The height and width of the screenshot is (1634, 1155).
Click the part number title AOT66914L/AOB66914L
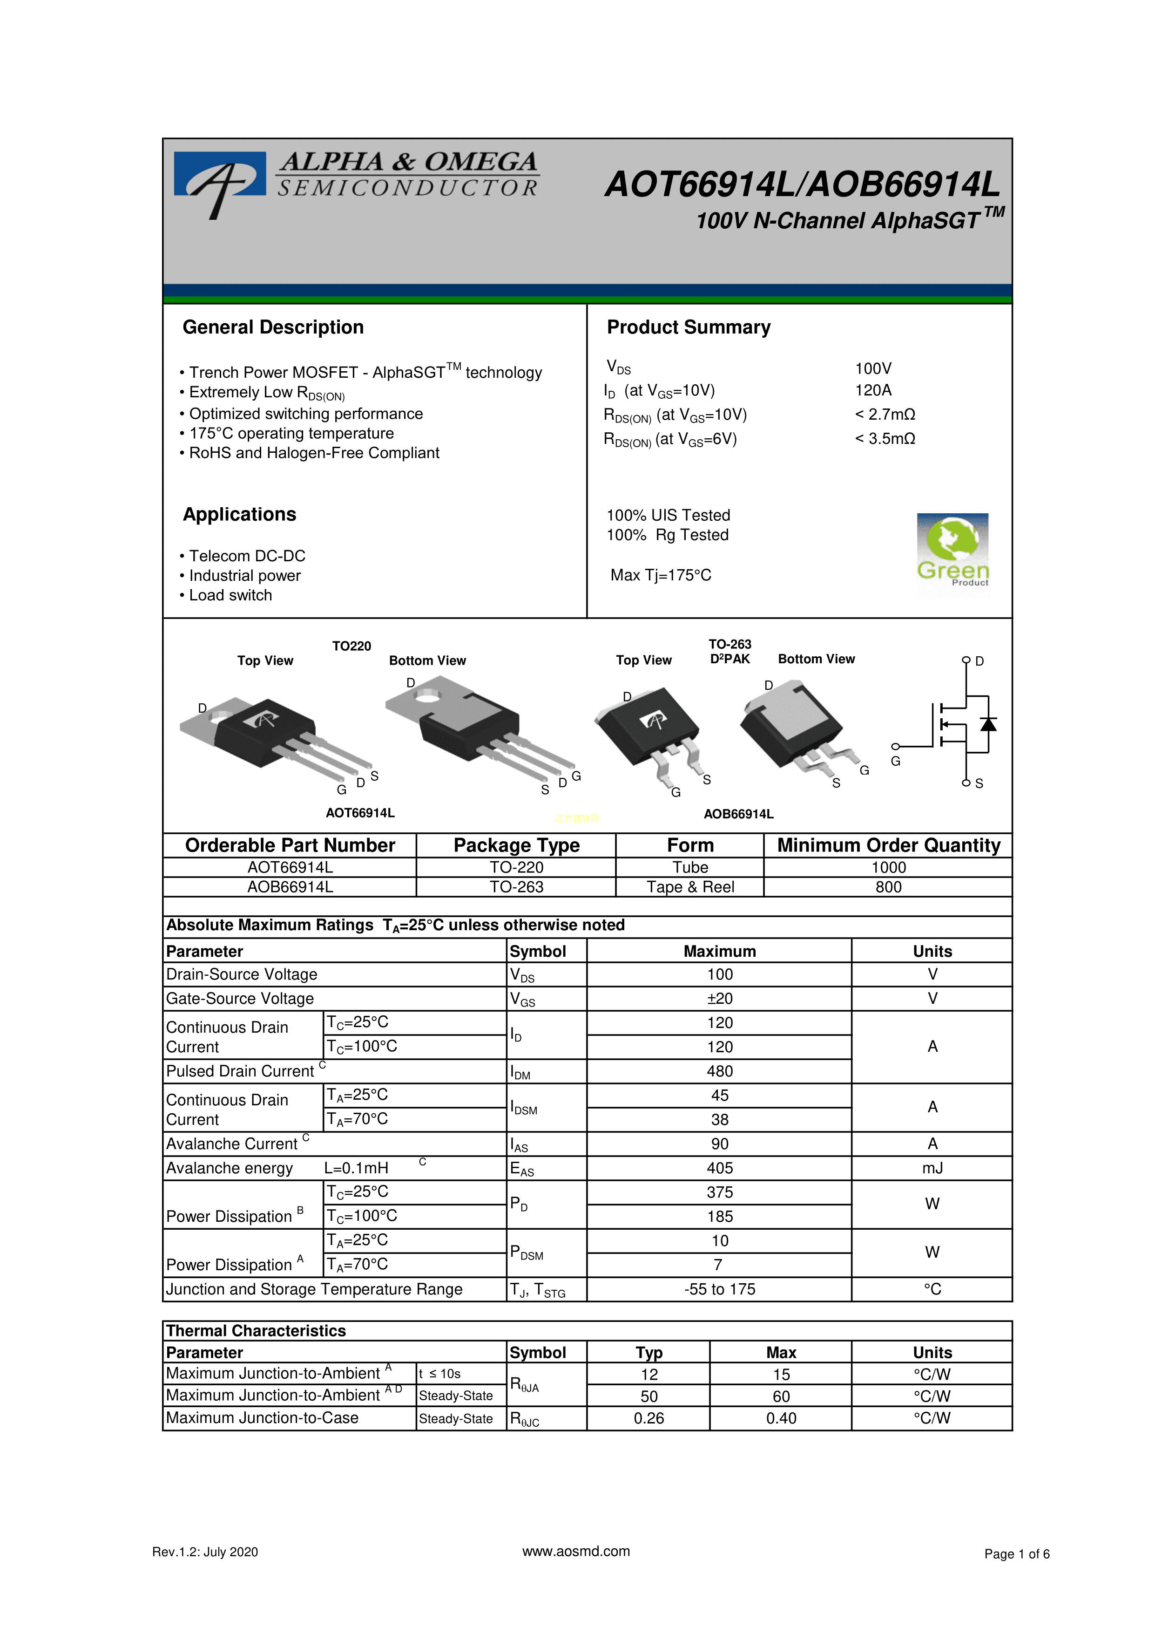point(802,184)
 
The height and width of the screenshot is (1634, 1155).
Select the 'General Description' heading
point(273,327)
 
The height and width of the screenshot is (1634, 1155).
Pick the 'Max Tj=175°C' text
point(661,575)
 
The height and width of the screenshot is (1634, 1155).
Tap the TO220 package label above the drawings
point(351,646)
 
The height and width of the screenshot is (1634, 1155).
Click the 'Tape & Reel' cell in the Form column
point(690,887)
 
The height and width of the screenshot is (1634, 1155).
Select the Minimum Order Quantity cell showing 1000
point(888,867)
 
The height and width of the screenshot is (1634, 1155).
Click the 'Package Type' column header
point(516,845)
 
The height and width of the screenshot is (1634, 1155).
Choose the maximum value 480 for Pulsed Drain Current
point(720,1071)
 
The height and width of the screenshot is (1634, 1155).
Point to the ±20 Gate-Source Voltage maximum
point(720,999)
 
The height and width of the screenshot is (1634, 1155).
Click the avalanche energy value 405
point(720,1168)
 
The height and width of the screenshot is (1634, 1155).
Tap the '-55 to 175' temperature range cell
point(720,1289)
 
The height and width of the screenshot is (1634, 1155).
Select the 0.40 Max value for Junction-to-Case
point(781,1418)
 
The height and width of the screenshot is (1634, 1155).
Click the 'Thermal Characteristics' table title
point(256,1331)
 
